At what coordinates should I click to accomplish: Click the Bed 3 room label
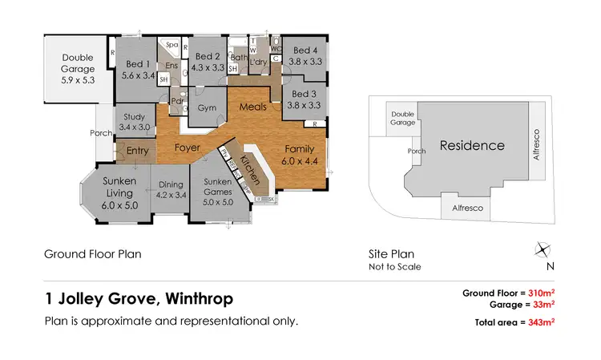pos(304,99)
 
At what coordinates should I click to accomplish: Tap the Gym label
pos(207,107)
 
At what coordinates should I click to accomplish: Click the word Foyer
pos(188,148)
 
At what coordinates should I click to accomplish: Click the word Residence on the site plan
pos(472,146)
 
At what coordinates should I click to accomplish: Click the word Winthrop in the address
pos(197,300)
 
